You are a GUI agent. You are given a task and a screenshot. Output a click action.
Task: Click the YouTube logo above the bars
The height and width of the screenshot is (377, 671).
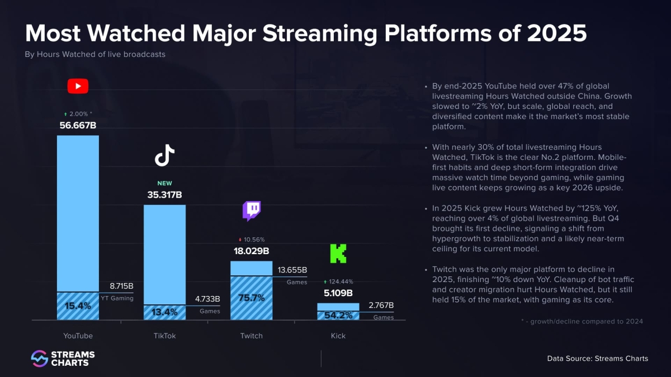coord(78,86)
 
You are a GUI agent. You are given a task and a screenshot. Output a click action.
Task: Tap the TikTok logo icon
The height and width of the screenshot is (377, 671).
coord(164,155)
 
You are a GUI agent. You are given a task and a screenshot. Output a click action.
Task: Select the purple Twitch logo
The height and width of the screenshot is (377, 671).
coord(252,211)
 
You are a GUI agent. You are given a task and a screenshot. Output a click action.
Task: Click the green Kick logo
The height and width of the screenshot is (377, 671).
coord(338,253)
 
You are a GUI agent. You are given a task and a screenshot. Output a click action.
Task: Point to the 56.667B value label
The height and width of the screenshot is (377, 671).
coord(78,125)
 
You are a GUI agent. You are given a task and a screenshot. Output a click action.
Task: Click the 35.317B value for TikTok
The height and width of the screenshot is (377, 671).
coord(164,195)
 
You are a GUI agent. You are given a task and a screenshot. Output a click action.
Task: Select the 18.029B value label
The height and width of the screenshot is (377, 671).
coord(252,251)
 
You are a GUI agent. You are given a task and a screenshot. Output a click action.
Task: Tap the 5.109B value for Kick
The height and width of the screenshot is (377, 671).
coord(338,293)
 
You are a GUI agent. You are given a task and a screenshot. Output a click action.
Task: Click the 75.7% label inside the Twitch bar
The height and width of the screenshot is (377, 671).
coord(252,298)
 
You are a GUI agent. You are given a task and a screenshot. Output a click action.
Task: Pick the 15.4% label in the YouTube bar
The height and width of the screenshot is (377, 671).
coord(78,306)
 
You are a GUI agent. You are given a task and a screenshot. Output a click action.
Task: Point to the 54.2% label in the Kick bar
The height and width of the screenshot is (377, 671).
coord(338,316)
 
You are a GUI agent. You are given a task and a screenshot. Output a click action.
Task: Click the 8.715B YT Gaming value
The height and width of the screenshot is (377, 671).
coord(121,286)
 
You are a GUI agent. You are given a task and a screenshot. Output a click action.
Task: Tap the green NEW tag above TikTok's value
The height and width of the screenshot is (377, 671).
coord(164,183)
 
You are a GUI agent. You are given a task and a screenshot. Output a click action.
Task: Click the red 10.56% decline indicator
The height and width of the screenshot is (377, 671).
coord(252,240)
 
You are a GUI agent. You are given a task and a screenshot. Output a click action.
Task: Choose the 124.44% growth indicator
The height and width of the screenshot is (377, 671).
coord(338,281)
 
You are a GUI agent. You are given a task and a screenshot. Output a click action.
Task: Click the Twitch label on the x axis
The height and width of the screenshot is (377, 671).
coord(252,336)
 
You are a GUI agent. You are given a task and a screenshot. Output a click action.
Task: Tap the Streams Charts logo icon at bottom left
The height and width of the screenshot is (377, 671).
coord(39,359)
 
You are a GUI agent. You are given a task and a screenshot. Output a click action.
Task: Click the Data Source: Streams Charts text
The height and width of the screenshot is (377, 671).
coord(597,359)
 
